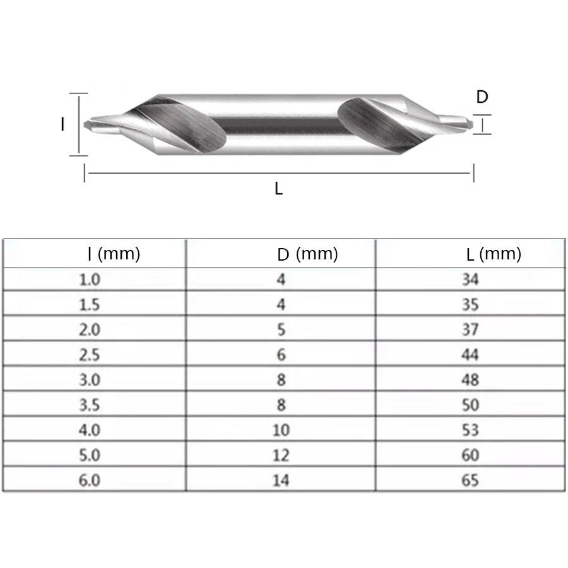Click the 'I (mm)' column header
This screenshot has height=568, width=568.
coord(114,254)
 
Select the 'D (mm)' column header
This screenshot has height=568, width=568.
coord(307,254)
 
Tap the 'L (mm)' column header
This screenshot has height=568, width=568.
coord(494,254)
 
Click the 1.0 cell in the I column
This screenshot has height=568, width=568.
coord(90,279)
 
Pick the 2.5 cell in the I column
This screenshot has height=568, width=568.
coord(90,355)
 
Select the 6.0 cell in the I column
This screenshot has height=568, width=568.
coord(90,480)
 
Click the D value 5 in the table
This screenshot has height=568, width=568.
coord(281,329)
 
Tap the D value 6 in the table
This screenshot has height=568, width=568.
coord(281,355)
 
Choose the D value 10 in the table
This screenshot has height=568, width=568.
coord(281,430)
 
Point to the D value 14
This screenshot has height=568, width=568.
coord(281,480)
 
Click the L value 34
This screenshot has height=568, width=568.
coord(470,279)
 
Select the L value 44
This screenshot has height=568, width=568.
coord(470,355)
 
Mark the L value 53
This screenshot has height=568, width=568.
coord(470,430)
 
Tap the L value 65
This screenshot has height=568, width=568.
coord(470,480)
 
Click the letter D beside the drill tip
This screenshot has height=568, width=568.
coord(482,97)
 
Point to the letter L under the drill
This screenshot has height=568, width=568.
coord(278,188)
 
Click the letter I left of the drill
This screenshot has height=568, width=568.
coord(62,125)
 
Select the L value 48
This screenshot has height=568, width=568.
coord(470,380)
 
